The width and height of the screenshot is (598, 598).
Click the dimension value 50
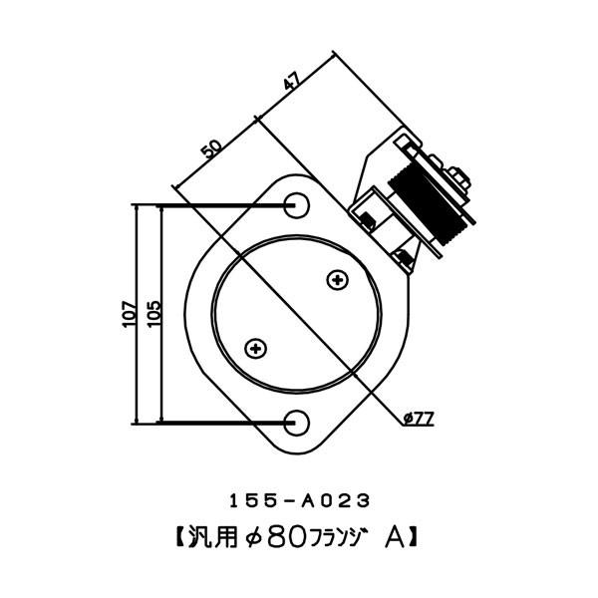pos(210,150)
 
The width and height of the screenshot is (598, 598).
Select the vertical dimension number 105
pos(152,316)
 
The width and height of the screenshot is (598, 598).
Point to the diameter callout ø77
pos(419,419)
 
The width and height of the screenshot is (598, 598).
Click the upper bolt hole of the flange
pos(297,205)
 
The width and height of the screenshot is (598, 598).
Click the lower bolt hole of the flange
pos(297,423)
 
